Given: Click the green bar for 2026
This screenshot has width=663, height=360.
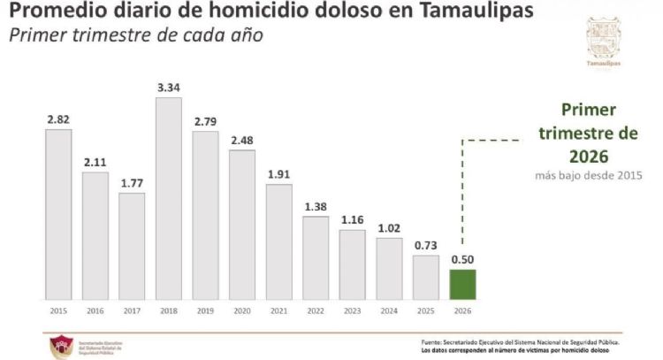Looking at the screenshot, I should click(462, 284).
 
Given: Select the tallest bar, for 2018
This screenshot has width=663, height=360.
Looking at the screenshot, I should click(168, 198).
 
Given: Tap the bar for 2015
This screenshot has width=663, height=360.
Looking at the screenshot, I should click(58, 214).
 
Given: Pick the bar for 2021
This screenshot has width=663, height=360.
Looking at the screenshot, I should click(278, 241).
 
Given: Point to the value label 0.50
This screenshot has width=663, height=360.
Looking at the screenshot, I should click(462, 259).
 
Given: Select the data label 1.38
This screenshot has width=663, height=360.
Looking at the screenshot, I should click(316, 206).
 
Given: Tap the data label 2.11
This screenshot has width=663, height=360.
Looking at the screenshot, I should click(95, 161).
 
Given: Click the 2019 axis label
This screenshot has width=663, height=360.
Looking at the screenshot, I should click(205, 311).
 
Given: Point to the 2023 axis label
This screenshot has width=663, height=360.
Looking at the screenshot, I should click(352, 311).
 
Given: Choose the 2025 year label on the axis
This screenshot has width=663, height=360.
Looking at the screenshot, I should click(425, 311).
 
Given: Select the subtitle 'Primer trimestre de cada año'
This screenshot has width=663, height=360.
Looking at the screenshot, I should click(136, 37).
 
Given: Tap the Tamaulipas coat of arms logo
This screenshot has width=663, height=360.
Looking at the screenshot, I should click(604, 37).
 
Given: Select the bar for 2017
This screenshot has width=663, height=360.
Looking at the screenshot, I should click(132, 246).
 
